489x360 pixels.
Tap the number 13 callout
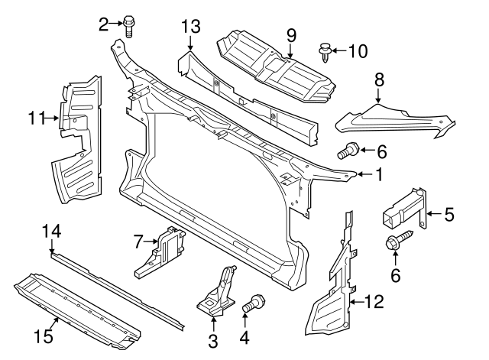pos(190,28)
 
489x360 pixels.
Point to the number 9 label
pos(291,34)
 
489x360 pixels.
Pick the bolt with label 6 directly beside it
pos(348,151)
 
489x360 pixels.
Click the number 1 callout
pos(377,175)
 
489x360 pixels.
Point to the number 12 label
pos(372,303)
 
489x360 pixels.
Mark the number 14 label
pos(50,230)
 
